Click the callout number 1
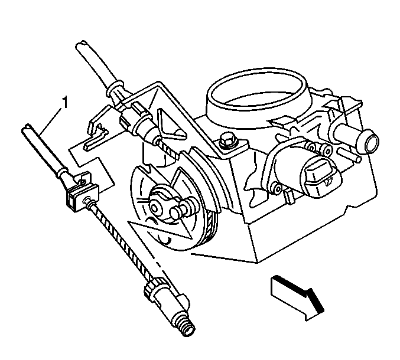point(66,102)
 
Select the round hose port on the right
point(370,141)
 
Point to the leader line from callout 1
point(51,120)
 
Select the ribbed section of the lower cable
point(122,240)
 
